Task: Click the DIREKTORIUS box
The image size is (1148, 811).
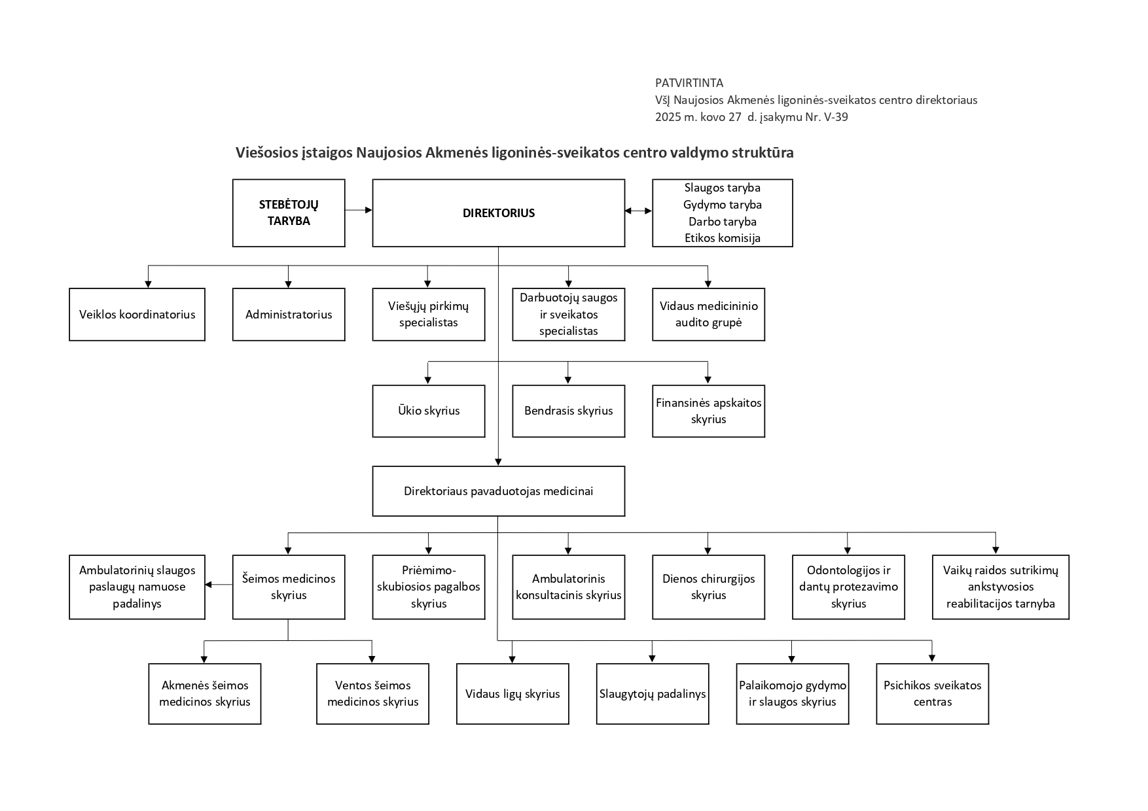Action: (499, 213)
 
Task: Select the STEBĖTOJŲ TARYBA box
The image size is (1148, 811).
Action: (289, 213)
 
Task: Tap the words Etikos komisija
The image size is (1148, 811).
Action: (723, 238)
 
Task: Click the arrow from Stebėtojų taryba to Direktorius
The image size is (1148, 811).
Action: (359, 210)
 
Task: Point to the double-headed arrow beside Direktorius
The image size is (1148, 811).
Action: (639, 211)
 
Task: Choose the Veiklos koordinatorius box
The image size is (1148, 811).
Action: (137, 315)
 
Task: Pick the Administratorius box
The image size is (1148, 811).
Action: (289, 315)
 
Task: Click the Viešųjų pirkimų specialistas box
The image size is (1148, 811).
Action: (429, 315)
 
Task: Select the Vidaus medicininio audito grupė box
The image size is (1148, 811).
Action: (709, 315)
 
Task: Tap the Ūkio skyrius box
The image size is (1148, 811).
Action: (429, 411)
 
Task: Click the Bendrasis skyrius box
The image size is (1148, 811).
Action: (569, 411)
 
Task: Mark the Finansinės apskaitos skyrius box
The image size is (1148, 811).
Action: (709, 411)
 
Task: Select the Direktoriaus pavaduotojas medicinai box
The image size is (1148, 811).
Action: (499, 491)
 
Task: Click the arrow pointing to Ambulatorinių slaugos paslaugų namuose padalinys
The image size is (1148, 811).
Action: (219, 585)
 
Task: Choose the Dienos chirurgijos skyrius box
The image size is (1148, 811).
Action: (709, 587)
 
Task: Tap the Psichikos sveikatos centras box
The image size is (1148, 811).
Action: (933, 694)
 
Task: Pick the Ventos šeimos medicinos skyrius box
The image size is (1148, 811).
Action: (373, 694)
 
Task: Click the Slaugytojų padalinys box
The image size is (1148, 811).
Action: (653, 694)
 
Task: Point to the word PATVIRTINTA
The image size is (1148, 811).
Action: (689, 83)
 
